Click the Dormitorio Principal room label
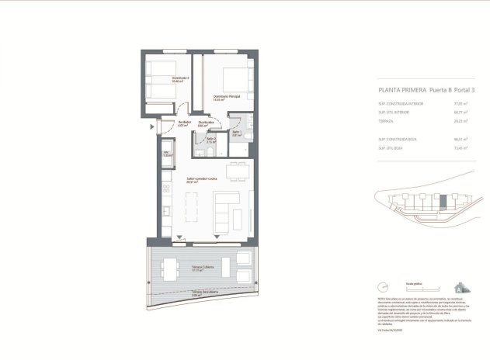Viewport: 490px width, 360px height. [227, 96]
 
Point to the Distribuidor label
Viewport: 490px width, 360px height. [206, 123]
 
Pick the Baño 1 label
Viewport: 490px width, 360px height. [236, 133]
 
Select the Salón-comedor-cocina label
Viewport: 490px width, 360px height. [201, 180]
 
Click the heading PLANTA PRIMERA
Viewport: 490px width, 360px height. [395, 90]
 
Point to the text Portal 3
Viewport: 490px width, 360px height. [461, 90]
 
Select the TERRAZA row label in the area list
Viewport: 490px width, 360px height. [387, 121]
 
